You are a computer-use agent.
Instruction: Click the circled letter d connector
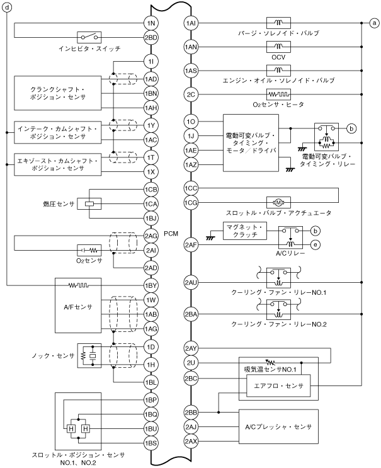tap(7, 9)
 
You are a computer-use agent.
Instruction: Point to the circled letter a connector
tap(374, 23)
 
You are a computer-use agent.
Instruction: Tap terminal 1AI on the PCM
tap(192, 23)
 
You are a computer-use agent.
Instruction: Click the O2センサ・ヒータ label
tap(278, 105)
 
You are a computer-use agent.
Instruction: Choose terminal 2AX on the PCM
tap(192, 442)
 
